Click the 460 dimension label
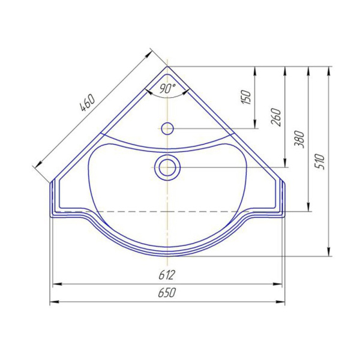click(88, 106)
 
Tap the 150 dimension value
click(245, 97)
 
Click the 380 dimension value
click(301, 139)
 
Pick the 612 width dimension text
click(167, 275)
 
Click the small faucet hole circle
click(167, 128)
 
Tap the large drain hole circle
click(167, 166)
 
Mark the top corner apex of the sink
click(167, 67)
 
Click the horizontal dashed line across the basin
click(120, 211)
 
